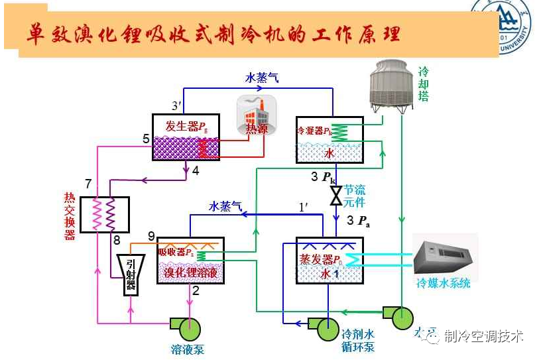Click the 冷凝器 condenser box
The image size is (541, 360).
coord(329,139)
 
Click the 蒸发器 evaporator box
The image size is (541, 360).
coord(329,260)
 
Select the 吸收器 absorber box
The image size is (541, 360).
coord(191,260)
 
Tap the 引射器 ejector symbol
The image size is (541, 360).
coord(130,274)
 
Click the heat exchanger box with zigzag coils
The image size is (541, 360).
coord(104,214)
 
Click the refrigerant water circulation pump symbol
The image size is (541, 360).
coord(325,327)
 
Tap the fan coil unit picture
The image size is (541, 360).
coord(444,256)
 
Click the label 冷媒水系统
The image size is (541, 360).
coord(443,283)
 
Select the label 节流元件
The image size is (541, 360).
coord(355,196)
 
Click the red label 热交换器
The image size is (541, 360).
coord(70,216)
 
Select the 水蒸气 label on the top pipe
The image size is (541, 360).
coord(262,78)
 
